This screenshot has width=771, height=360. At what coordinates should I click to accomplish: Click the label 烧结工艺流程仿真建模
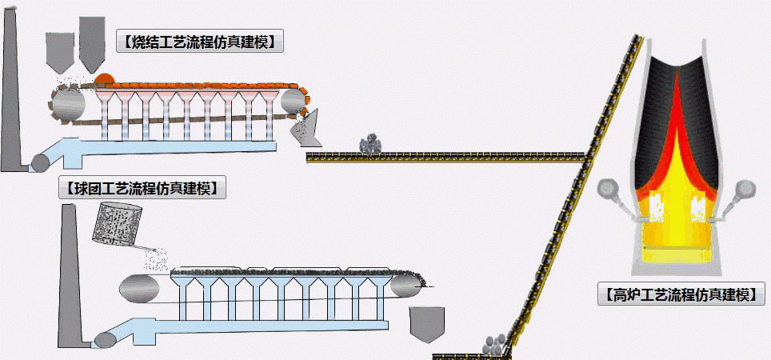[x=201, y=42]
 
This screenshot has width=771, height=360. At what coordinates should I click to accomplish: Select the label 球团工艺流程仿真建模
[x=142, y=189]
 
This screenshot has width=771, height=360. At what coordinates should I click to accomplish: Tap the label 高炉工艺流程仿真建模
[x=681, y=294]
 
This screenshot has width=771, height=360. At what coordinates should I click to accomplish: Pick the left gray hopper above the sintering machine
[x=59, y=52]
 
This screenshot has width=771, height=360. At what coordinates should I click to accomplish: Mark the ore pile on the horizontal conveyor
[x=370, y=143]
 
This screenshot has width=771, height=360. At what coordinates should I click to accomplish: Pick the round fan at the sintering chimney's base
[x=38, y=162]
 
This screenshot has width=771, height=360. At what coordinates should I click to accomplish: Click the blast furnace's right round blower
[x=748, y=190]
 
